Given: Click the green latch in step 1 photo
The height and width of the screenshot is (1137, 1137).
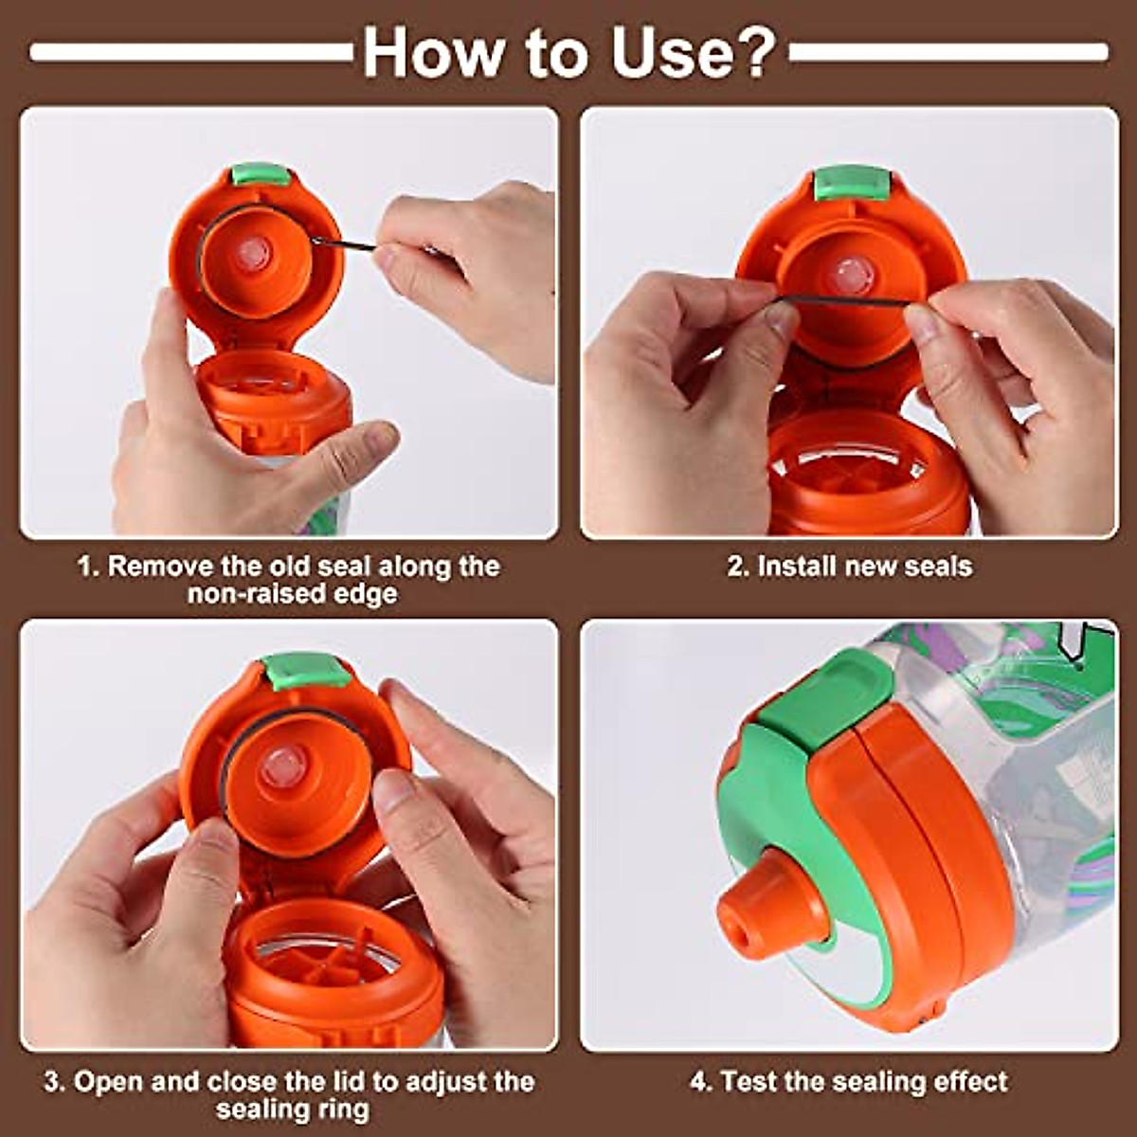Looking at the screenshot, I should click(x=260, y=173).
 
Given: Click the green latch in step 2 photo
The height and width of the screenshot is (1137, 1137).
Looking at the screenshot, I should click(x=851, y=183).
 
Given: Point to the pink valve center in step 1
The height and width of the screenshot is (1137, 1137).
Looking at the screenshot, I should click(x=253, y=253).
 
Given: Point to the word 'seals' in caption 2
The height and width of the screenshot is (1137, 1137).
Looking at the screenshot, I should click(x=937, y=567).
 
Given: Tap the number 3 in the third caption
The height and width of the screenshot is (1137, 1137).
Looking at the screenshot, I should click(x=52, y=1082).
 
